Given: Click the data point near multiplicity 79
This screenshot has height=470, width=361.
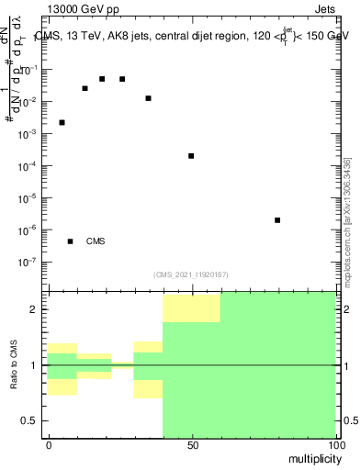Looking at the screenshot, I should coord(277,220).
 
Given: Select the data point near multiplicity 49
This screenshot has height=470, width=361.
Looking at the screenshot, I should coord(191,156).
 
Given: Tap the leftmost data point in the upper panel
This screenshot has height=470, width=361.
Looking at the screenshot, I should coord(62,122).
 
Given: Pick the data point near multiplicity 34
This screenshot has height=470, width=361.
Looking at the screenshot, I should coord(148,98).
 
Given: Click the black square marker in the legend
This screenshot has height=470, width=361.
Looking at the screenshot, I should coord(70,241).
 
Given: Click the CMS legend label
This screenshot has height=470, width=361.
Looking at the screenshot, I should coord(96,242).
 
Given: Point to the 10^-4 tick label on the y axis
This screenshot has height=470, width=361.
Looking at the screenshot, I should coord(33,166).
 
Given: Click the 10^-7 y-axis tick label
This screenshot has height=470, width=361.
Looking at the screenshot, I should coord(33,262).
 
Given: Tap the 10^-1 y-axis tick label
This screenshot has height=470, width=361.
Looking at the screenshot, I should coord(33,71).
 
